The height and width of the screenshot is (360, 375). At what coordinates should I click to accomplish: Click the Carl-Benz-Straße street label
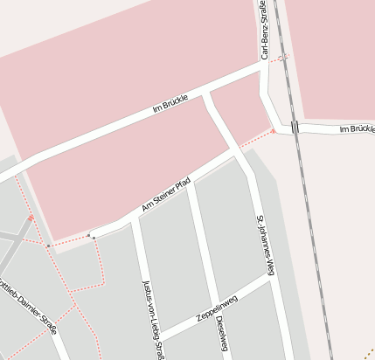(x=263, y=31)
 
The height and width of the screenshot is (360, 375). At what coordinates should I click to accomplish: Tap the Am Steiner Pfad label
(x=165, y=196)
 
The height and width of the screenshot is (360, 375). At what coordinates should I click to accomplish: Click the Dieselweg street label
(x=220, y=336)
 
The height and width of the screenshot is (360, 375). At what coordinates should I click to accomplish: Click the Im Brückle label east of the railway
(x=355, y=129)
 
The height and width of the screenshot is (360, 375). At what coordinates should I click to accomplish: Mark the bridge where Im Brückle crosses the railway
(x=295, y=127)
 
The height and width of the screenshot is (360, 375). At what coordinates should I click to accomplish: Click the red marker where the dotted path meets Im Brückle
(x=274, y=131)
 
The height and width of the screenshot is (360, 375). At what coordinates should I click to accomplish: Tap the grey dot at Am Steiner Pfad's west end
(x=92, y=236)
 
